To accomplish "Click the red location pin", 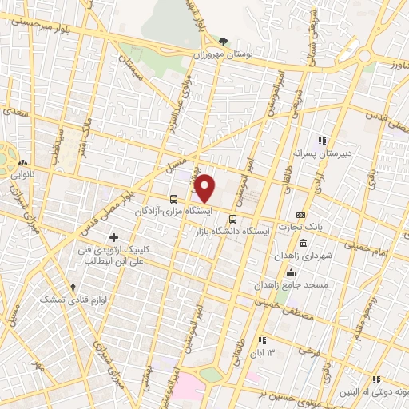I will pos(204,188).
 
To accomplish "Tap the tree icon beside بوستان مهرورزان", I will pos(224,42).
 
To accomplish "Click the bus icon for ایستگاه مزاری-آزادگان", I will pos(173,198).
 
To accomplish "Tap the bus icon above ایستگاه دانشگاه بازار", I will pos(232,219).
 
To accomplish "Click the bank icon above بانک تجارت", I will pos(300,215).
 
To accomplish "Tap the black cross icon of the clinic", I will pos(114,237).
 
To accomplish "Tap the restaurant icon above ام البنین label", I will pos(376,379).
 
